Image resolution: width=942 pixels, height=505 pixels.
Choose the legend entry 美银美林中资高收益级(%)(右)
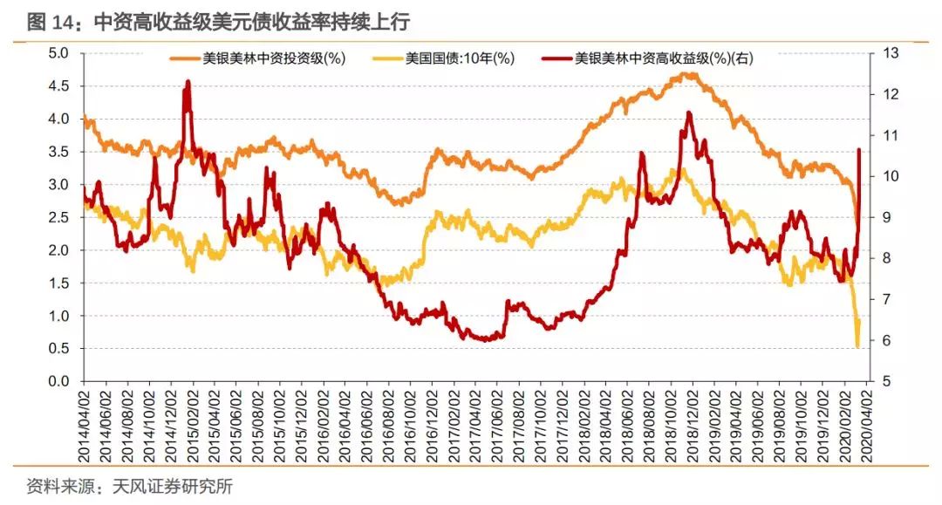(x=663, y=59)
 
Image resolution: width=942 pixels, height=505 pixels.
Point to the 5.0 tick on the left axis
(x=58, y=52)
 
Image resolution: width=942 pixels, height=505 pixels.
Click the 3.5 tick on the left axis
(x=58, y=152)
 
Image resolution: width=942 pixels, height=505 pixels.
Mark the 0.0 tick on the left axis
(x=58, y=382)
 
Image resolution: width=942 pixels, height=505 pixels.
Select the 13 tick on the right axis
(x=886, y=52)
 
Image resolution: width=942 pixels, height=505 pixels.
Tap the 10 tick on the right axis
(x=886, y=176)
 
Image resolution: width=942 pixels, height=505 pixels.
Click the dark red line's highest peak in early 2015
(x=188, y=82)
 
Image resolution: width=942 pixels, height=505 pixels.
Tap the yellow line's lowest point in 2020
(x=857, y=347)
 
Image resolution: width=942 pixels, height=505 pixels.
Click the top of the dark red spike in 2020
(x=860, y=150)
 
